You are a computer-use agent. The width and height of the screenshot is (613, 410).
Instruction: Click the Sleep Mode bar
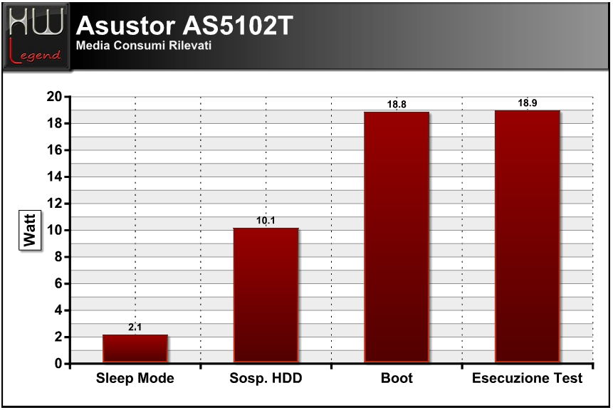(x=135, y=349)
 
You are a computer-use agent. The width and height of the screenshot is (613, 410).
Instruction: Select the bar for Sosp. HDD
(x=266, y=295)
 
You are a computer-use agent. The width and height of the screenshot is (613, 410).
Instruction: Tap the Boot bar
(x=397, y=237)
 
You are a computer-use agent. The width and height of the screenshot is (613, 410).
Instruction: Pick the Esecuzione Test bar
(x=528, y=236)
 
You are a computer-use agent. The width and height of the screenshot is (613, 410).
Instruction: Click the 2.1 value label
(x=135, y=327)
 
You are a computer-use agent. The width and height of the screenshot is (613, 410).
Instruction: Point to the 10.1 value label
(x=266, y=221)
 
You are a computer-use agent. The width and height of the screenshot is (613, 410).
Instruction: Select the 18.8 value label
(x=397, y=105)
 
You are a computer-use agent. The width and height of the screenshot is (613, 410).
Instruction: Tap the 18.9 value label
(x=528, y=103)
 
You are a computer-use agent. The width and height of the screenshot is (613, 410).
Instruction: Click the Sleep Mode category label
(x=135, y=378)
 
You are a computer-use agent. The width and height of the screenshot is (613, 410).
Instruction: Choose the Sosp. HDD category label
(x=266, y=378)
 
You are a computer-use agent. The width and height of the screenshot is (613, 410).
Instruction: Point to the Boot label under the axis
(x=397, y=378)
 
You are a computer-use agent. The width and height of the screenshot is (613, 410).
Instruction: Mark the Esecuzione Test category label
(x=528, y=378)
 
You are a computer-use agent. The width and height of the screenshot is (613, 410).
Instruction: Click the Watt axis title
(x=30, y=231)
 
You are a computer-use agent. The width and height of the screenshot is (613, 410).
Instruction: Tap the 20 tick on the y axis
(x=54, y=97)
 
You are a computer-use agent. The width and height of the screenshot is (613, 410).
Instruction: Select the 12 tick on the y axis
(x=54, y=204)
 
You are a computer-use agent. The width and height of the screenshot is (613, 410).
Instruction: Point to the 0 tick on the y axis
(x=58, y=364)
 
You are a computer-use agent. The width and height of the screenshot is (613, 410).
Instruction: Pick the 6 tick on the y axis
(x=58, y=284)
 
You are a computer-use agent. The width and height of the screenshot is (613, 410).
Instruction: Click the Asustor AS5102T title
(x=184, y=26)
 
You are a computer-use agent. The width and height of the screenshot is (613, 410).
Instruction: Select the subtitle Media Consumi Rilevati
(x=144, y=46)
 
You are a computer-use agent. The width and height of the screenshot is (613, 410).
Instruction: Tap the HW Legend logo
(x=36, y=36)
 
